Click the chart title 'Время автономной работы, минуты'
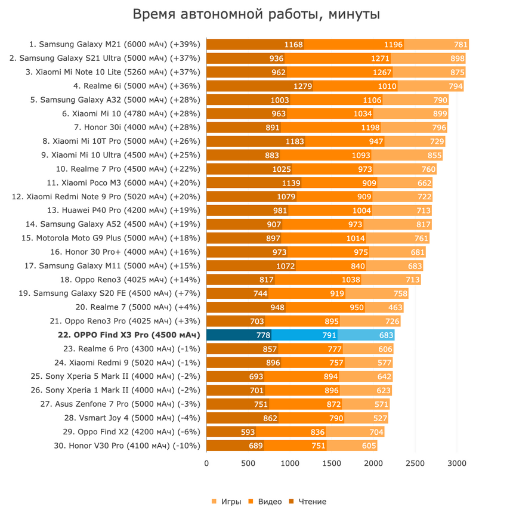click(x=256, y=14)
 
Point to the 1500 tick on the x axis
click(x=332, y=463)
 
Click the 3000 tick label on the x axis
click(x=457, y=463)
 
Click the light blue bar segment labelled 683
click(x=381, y=335)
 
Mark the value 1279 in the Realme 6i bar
click(x=303, y=86)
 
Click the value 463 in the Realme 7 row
click(x=395, y=308)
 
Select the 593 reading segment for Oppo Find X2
click(x=248, y=432)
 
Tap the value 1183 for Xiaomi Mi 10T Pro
click(x=295, y=141)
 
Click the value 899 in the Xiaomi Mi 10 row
click(x=440, y=113)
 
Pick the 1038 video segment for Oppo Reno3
click(x=351, y=280)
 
